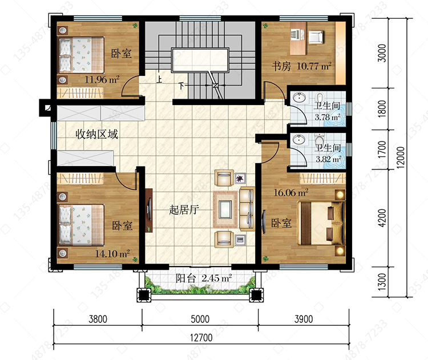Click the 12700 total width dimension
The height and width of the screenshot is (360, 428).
click(201, 338)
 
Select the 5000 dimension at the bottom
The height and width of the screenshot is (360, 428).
click(200, 319)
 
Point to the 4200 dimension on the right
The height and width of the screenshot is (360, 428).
click(382, 218)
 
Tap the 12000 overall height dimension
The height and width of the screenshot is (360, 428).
click(400, 157)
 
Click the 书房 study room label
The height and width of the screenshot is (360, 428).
click(281, 66)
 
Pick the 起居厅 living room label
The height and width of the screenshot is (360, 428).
click(184, 209)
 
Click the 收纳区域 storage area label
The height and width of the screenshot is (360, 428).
click(96, 134)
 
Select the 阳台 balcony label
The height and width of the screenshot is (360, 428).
click(186, 278)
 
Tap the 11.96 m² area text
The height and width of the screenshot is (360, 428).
click(102, 79)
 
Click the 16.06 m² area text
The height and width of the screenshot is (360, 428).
click(291, 192)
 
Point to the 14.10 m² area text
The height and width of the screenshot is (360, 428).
click(112, 253)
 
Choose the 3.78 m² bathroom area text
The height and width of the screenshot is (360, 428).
click(328, 117)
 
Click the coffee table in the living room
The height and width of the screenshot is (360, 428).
click(225, 209)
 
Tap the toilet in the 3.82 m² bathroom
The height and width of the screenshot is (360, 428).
click(318, 140)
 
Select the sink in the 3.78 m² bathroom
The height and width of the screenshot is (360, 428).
click(300, 98)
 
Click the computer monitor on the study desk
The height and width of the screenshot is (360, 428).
click(295, 34)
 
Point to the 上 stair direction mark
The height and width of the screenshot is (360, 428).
click(159, 79)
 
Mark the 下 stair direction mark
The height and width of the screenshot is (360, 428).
click(181, 86)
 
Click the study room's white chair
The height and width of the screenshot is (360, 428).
click(316, 37)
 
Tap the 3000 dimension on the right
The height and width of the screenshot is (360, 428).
click(382, 53)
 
